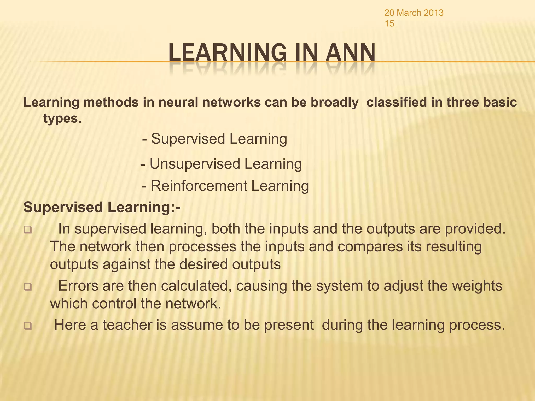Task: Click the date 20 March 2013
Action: point(414,13)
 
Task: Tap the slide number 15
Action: point(389,24)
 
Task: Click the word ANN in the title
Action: point(350,53)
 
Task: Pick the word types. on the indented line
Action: point(62,119)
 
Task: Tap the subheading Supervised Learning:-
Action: point(102,207)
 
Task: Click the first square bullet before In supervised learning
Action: point(27,231)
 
